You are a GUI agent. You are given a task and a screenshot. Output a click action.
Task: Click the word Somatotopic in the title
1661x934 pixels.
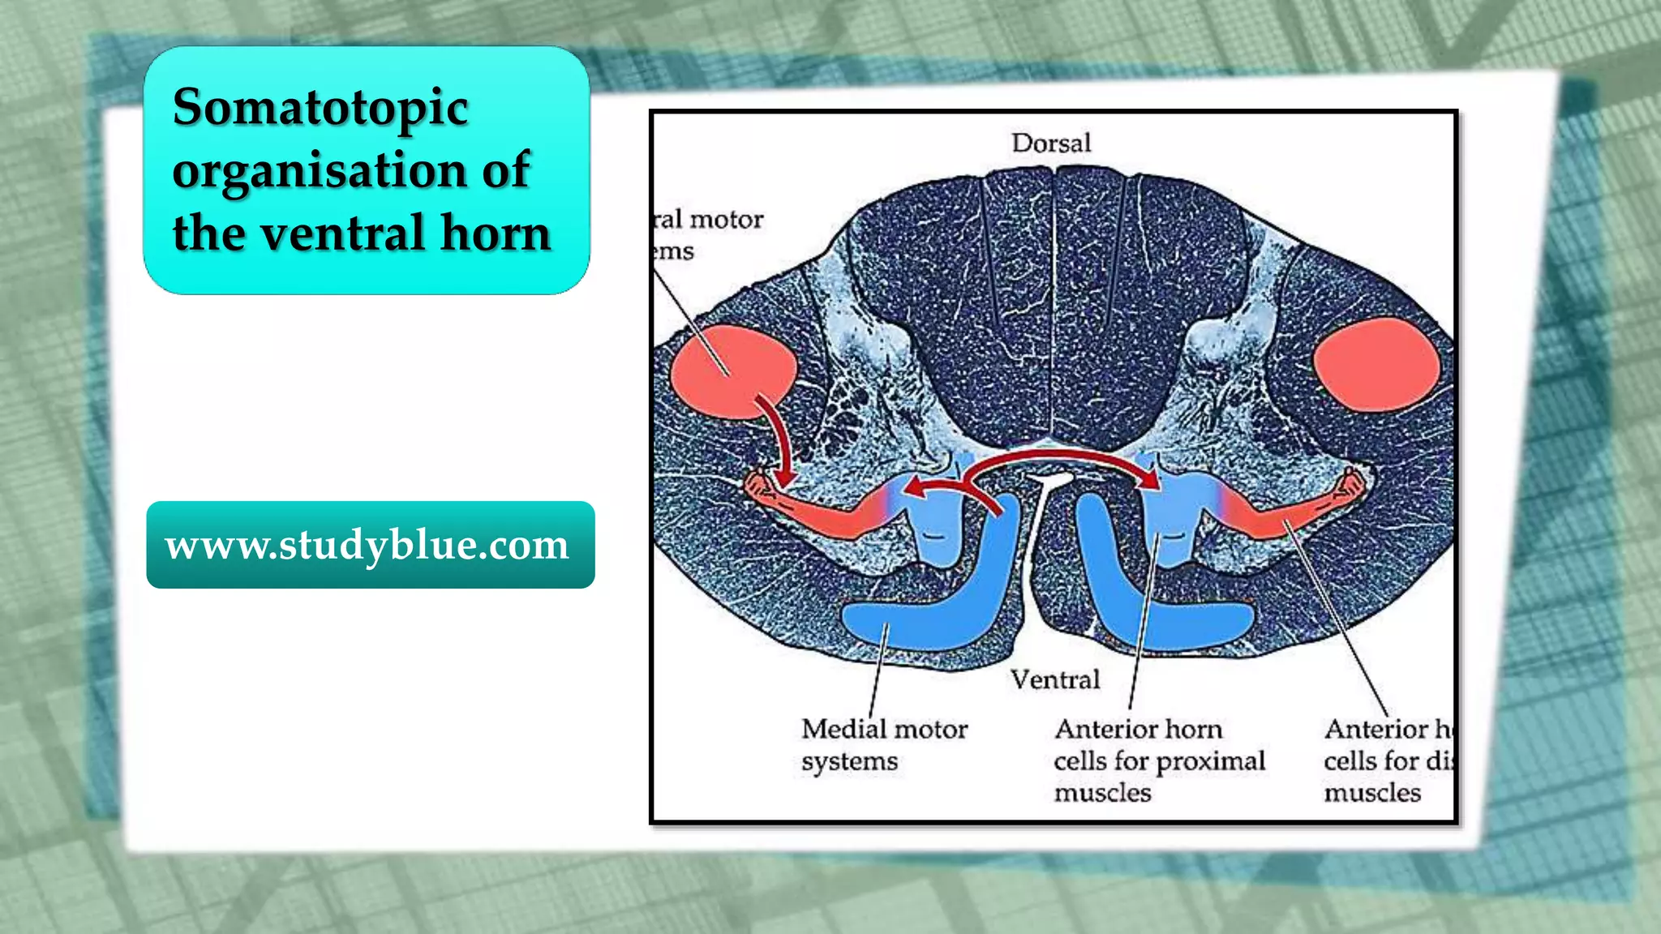(320, 108)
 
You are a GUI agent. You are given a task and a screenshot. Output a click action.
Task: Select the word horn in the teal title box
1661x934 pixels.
(496, 233)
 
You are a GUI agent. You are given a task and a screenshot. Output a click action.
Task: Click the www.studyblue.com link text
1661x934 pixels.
(367, 545)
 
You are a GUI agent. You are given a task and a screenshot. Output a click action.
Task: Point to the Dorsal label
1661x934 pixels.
(1051, 144)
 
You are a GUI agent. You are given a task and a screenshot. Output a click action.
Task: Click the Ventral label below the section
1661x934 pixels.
(1055, 679)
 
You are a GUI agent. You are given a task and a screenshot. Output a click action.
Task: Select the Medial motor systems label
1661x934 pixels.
(884, 745)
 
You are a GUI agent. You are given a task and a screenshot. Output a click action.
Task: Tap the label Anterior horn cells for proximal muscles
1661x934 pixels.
(1159, 760)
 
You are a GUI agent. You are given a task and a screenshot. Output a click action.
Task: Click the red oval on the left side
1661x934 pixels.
(731, 371)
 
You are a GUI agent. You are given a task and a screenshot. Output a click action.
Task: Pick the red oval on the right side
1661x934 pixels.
(1376, 364)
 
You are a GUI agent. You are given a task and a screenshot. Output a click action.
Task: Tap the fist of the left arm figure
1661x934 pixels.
(760, 485)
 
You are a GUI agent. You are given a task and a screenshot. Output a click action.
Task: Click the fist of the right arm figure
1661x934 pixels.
(1350, 484)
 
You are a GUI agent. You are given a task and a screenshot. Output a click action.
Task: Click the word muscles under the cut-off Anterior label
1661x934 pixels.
(1372, 793)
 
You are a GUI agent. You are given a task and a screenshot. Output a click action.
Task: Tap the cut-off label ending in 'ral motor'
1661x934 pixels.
(708, 221)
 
